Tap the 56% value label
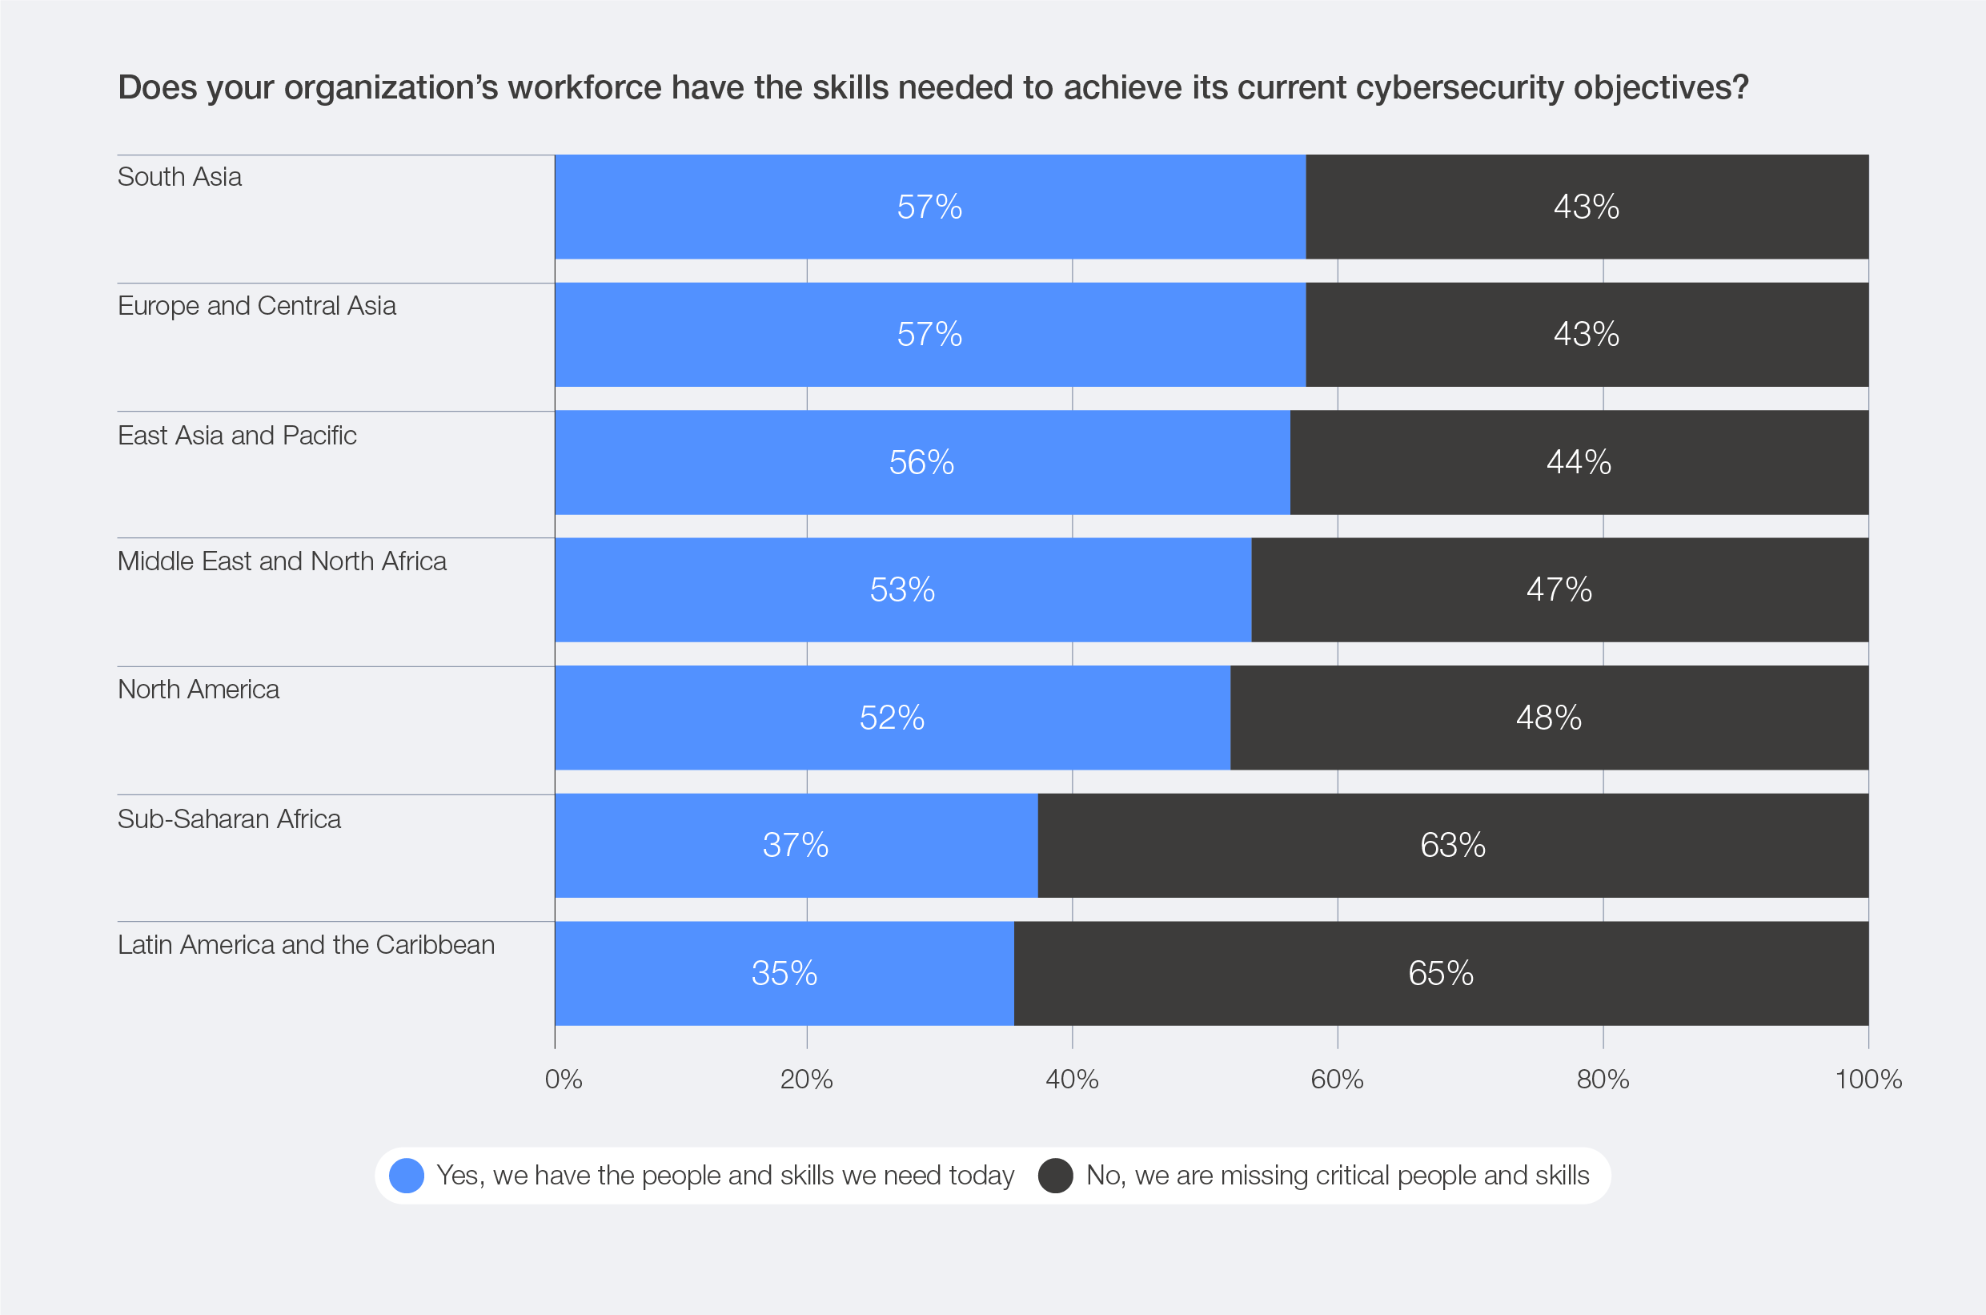click(921, 462)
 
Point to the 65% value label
click(1440, 974)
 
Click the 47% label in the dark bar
click(1559, 589)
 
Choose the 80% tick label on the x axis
click(1603, 1080)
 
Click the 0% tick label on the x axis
click(564, 1080)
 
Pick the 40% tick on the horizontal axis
click(1071, 1080)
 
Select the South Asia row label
click(179, 177)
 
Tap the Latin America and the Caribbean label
click(306, 945)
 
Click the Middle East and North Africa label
click(282, 561)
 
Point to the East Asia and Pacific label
click(236, 435)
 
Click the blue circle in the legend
click(407, 1176)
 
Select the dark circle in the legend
click(1056, 1176)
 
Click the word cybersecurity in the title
click(1458, 88)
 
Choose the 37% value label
click(795, 846)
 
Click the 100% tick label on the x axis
click(1868, 1080)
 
